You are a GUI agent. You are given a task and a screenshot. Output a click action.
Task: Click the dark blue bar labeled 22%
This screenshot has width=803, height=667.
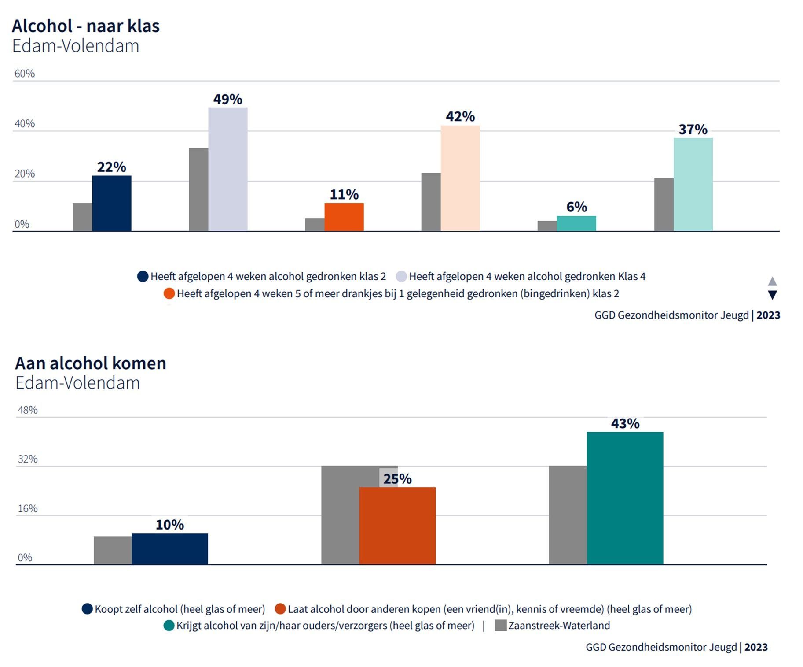(111, 203)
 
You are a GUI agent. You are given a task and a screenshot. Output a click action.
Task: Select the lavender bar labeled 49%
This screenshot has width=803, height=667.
(227, 170)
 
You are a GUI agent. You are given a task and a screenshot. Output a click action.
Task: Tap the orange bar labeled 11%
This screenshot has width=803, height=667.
(344, 217)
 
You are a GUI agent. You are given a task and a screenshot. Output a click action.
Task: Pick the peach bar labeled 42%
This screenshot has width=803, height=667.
(460, 178)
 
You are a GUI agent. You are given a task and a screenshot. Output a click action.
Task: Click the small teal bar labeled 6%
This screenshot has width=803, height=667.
(576, 223)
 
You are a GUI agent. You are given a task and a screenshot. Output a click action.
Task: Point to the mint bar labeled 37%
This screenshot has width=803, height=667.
(693, 184)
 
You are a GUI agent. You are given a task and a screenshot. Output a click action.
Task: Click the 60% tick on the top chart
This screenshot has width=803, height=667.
(25, 74)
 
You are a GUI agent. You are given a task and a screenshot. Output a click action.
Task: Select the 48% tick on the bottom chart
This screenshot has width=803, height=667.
(27, 410)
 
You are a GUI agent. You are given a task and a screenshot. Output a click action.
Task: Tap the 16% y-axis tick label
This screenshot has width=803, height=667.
(27, 508)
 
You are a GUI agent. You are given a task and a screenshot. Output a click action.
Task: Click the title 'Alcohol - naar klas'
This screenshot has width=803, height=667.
(86, 26)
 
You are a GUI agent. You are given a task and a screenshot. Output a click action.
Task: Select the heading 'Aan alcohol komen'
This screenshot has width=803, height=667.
(91, 363)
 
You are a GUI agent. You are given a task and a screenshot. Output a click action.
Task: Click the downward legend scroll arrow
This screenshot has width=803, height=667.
(772, 295)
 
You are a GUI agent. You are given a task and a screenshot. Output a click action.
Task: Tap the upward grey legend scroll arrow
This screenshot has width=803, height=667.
(772, 281)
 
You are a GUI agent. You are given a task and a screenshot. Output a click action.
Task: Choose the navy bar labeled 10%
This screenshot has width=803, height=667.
(169, 548)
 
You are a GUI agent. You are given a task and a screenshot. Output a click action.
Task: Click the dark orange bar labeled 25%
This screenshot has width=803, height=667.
(397, 526)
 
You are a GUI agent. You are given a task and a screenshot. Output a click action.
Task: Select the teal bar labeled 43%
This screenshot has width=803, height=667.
(624, 498)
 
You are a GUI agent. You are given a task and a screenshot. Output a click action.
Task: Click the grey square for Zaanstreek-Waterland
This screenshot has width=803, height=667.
(501, 626)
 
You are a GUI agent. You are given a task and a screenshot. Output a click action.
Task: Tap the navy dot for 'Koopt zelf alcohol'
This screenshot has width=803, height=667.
(87, 609)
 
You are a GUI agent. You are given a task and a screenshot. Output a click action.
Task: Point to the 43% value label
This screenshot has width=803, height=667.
(625, 423)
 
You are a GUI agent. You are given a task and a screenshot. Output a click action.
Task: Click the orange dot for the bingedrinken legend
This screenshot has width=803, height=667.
(169, 294)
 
